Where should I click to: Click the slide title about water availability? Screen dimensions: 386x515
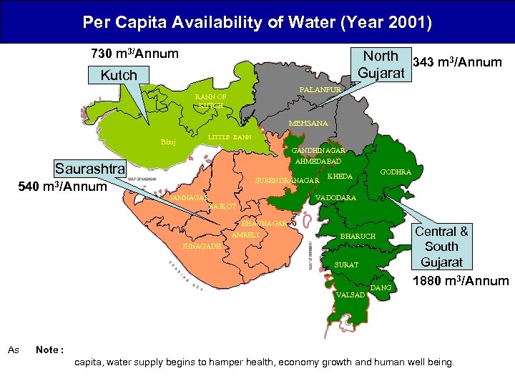pos(257,23)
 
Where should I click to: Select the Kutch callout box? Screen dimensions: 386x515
pos(118,75)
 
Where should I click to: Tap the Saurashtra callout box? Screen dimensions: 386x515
pos(90,170)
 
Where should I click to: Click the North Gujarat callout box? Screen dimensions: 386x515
pos(381,64)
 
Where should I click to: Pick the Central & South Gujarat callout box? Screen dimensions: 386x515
pos(442,247)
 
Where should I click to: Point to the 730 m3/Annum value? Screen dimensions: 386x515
pos(134,54)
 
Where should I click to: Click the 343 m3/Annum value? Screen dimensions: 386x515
pos(458,63)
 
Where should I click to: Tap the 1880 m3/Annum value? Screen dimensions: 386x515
pos(461,281)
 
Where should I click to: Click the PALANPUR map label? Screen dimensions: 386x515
pos(319,90)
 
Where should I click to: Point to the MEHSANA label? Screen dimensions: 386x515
pos(308,124)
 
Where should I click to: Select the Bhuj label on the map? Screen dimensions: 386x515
pos(168,142)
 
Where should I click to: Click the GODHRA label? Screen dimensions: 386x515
pos(396,172)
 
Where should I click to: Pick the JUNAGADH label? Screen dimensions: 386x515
pos(201,245)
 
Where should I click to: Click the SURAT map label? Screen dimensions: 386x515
pos(347,265)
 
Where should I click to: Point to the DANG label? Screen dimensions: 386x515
pos(381,287)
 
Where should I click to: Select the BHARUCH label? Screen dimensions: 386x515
pos(358,236)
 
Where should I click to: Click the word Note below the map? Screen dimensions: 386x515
pos(49,350)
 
